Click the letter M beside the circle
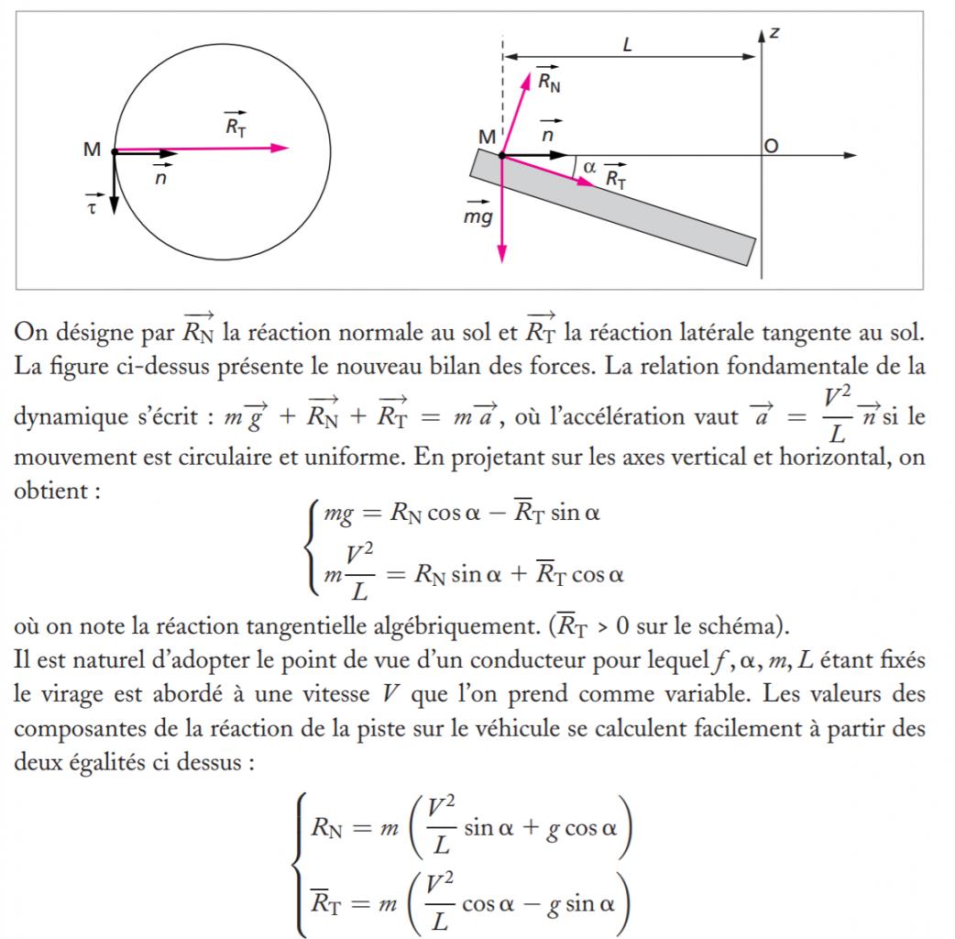pyautogui.click(x=92, y=149)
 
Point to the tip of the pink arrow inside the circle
pyautogui.click(x=288, y=147)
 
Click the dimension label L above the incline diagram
pyautogui.click(x=628, y=43)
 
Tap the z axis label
pyautogui.click(x=775, y=32)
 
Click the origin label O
pyautogui.click(x=772, y=146)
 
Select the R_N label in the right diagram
pyautogui.click(x=549, y=82)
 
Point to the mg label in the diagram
pyautogui.click(x=478, y=216)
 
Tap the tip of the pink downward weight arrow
pyautogui.click(x=502, y=259)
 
